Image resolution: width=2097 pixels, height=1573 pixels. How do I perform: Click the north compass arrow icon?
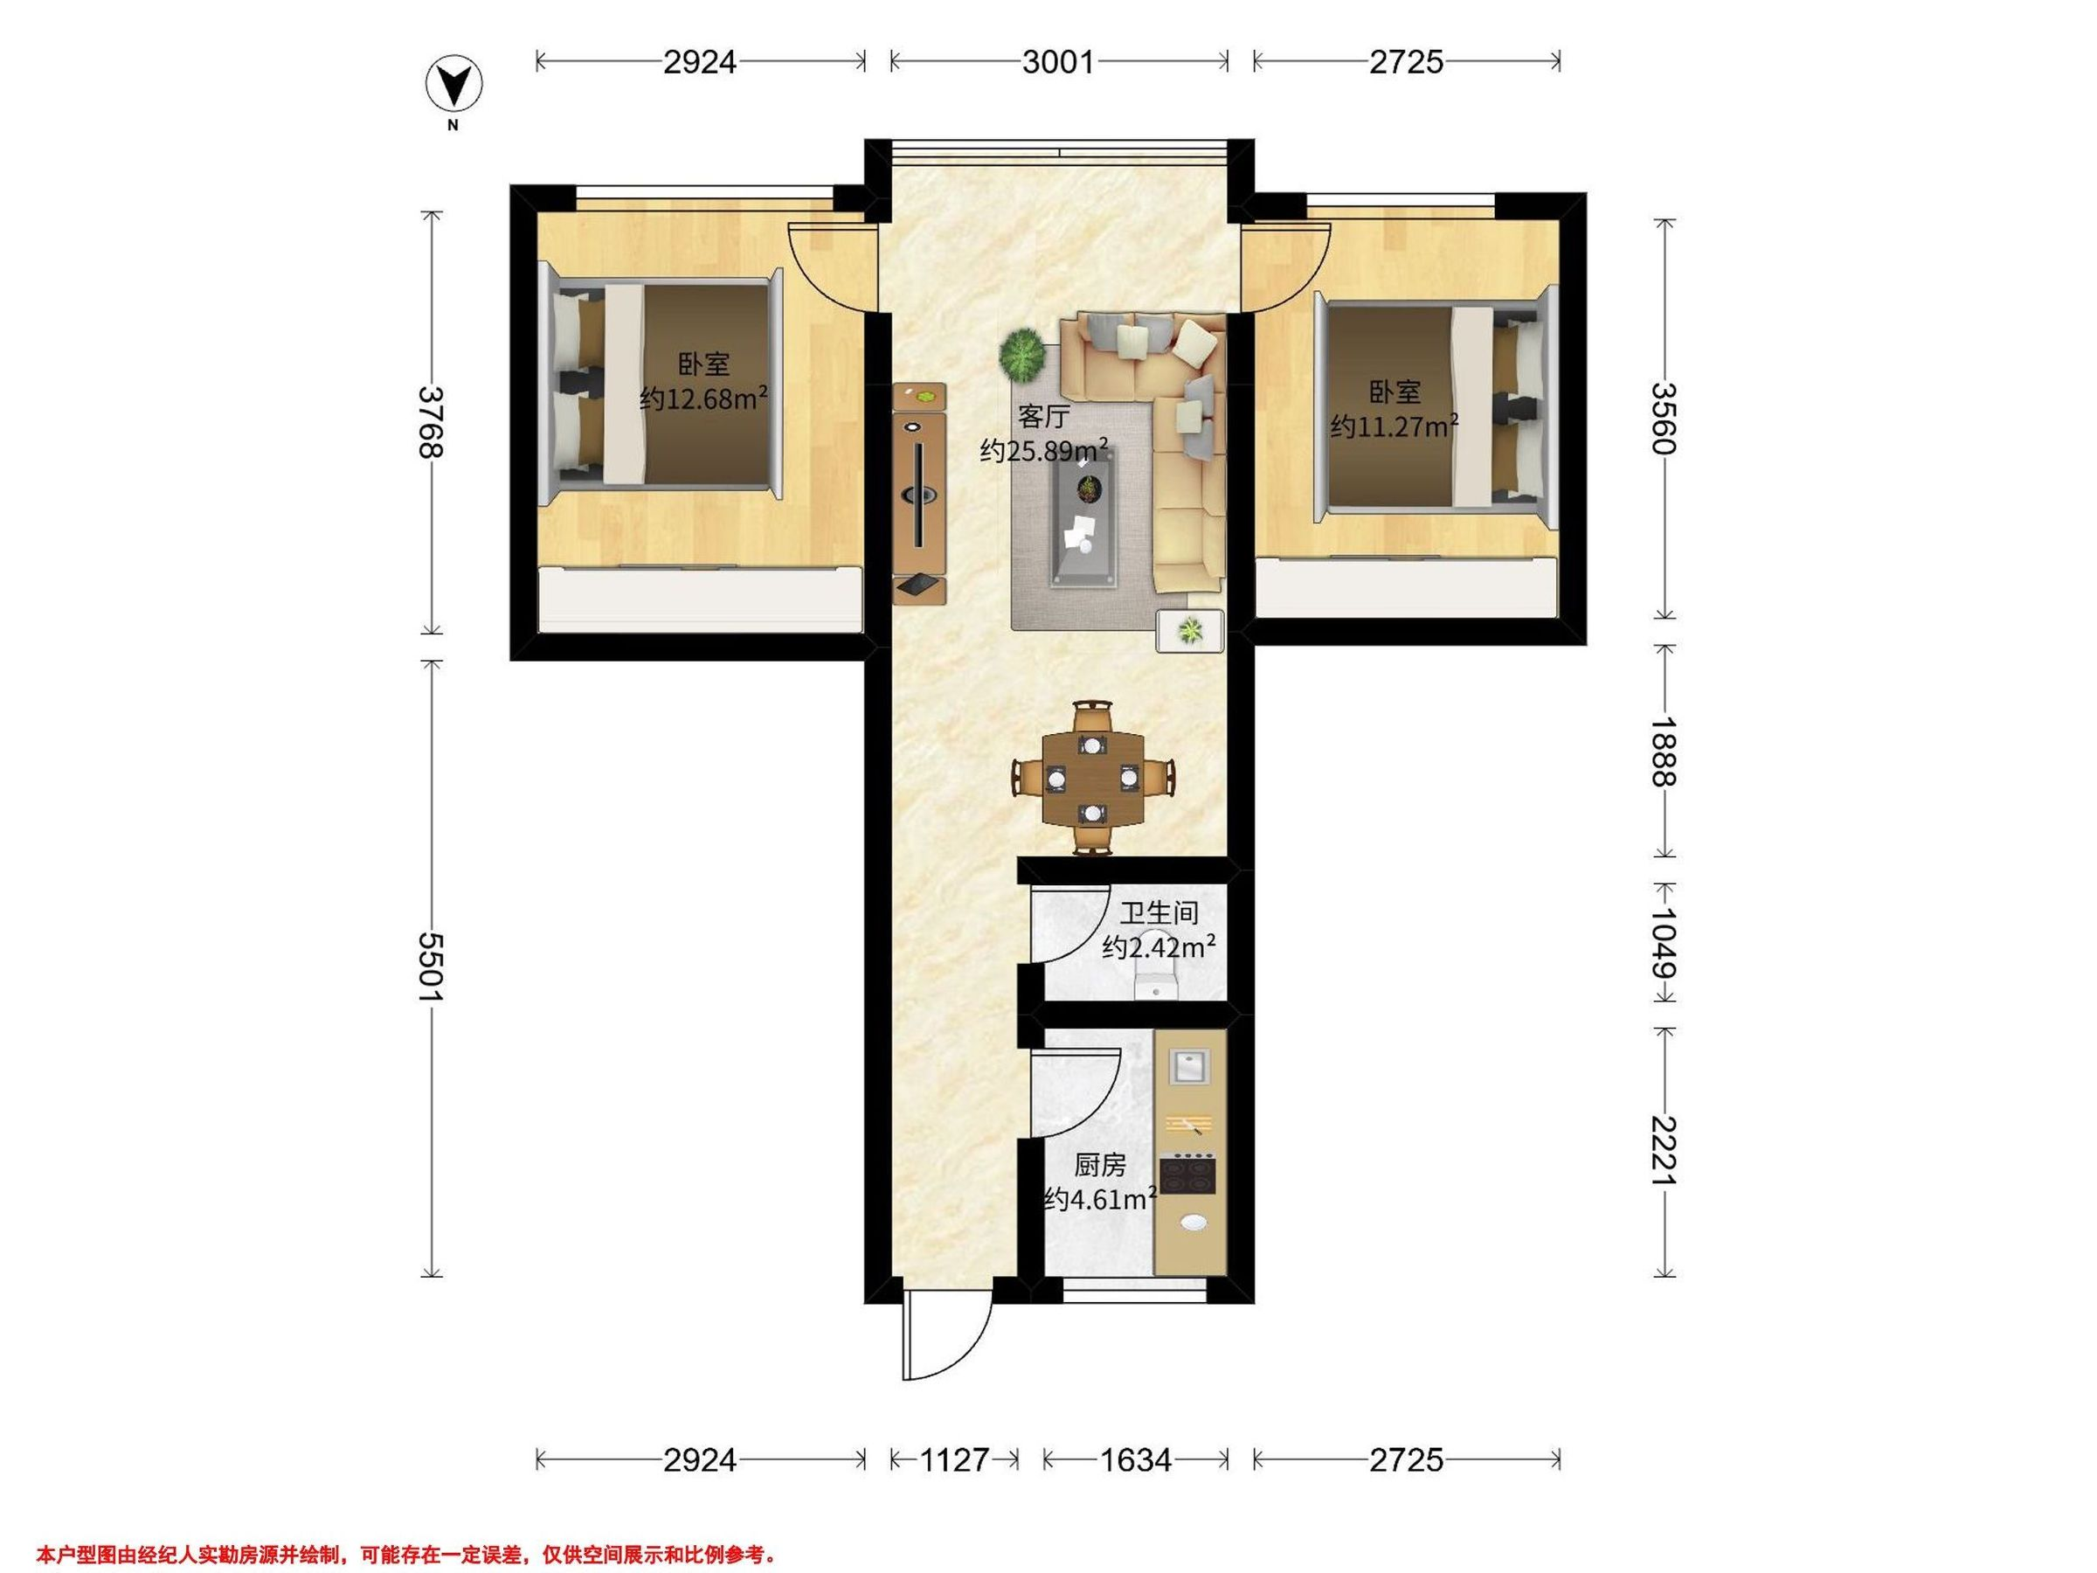coord(454,85)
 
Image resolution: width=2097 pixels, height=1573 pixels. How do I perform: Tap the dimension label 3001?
coord(1058,63)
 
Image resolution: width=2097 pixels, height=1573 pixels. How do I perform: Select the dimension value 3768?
coord(432,422)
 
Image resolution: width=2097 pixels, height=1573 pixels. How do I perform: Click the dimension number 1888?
coord(1664,751)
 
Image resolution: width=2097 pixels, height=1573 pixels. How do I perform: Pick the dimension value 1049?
coord(1664,945)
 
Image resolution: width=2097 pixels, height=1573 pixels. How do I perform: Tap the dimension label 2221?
coord(1664,1151)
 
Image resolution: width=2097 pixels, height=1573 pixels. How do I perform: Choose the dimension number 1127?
coord(954,1460)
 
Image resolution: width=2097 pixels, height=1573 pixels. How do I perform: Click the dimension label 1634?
coord(1136,1460)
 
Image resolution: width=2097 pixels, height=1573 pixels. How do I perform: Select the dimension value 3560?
coord(1664,418)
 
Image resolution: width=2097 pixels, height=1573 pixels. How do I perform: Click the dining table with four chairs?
coord(1093,778)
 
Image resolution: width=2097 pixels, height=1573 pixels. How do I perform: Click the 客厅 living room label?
coord(1044,416)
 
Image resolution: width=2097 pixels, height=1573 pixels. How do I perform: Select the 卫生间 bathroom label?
coord(1159,913)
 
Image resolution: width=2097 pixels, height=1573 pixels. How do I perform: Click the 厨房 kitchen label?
coord(1100,1164)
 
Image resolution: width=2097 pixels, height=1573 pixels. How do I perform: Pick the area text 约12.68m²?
coord(703,398)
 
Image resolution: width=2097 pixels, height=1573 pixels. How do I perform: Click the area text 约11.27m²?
coord(1394,426)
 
